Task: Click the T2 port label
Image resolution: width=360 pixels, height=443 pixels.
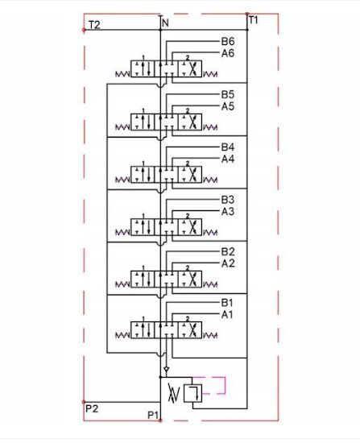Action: (x=94, y=25)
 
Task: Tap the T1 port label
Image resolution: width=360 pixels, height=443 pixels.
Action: (x=253, y=20)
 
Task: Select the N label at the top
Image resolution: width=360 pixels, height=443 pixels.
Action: (x=165, y=23)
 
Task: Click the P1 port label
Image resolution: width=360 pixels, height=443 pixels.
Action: (x=153, y=415)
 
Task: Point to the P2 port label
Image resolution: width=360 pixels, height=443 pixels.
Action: (x=92, y=408)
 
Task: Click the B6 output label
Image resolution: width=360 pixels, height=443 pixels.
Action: (x=228, y=41)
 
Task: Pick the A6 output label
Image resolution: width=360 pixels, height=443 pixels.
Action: (x=228, y=53)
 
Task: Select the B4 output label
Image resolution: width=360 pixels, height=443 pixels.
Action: (x=228, y=147)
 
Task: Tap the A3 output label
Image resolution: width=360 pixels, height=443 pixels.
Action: (x=228, y=211)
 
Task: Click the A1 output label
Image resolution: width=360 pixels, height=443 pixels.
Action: (x=227, y=314)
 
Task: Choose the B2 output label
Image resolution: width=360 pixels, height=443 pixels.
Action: (x=228, y=252)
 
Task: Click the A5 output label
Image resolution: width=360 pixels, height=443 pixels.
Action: (x=228, y=106)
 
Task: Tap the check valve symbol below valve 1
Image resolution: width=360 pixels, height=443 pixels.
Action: (x=167, y=369)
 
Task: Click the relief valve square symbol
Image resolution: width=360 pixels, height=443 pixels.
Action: (x=192, y=393)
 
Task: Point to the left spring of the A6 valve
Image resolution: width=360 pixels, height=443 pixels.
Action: (x=122, y=74)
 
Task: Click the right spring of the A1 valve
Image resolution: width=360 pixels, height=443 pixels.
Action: (x=210, y=335)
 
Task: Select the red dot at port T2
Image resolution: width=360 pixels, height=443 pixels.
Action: (x=84, y=30)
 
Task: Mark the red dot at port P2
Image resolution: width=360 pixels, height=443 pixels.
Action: (x=84, y=401)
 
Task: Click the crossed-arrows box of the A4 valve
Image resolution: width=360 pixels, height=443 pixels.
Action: (x=189, y=175)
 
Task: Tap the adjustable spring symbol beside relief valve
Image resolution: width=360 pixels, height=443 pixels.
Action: (x=173, y=393)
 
